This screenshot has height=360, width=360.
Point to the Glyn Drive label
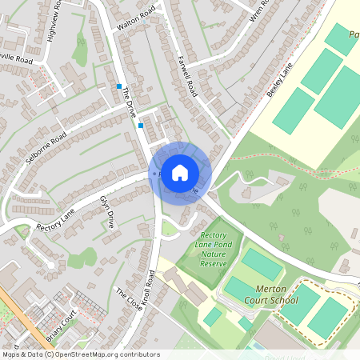(106, 211)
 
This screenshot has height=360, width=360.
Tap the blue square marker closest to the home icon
(141, 125)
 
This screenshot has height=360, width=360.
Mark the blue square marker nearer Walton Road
(119, 86)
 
